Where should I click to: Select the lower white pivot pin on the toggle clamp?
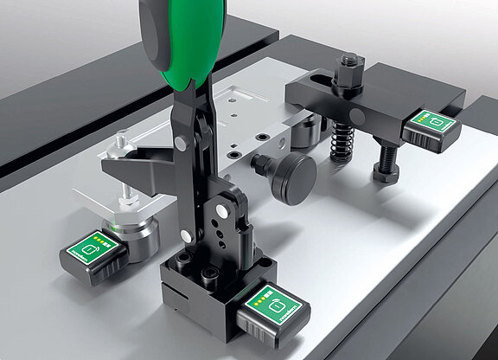tap(223, 210)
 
